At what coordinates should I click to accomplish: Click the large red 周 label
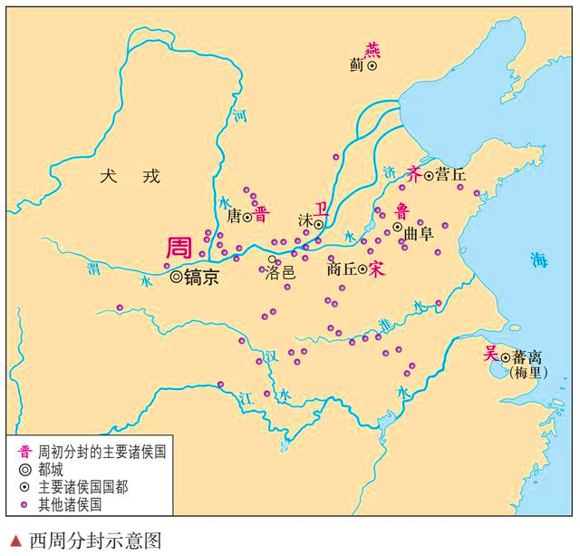pos(179,248)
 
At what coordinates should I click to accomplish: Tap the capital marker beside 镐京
pos(176,277)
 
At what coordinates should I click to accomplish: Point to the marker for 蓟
pos(372,65)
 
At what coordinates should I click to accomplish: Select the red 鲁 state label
pos(402,210)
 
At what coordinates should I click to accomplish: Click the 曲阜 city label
pos(419,233)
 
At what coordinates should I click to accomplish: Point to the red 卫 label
pos(318,208)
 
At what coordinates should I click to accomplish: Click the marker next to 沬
pos(319,223)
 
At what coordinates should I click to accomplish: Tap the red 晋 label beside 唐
pos(261,216)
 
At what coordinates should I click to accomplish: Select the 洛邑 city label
pos(280,272)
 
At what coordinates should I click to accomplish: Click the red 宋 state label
pos(377,268)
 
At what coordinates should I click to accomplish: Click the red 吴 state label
pos(490,352)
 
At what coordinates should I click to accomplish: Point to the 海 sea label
pos(540,260)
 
